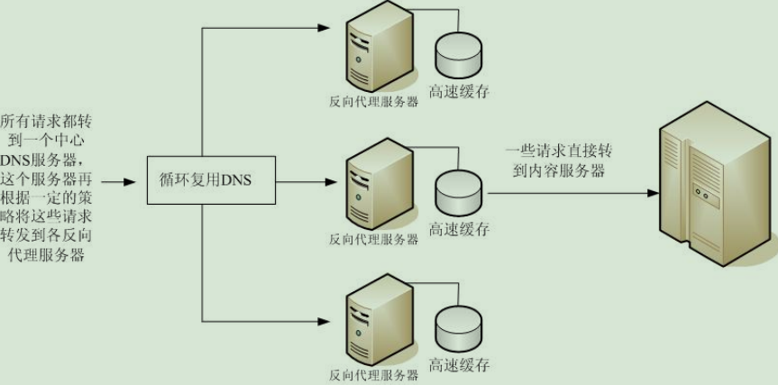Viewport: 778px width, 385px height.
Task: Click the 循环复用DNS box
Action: (211, 180)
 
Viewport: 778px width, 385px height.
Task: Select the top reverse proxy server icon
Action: (380, 48)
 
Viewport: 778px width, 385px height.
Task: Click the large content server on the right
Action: (718, 184)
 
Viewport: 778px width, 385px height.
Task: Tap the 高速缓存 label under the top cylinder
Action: (460, 91)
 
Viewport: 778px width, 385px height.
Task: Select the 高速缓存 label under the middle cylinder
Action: (460, 229)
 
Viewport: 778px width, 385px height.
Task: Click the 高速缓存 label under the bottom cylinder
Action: (460, 365)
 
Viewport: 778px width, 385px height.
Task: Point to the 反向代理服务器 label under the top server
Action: (373, 103)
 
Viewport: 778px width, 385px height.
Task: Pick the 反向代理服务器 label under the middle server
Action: (373, 240)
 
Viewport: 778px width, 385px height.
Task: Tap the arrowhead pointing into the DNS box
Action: (130, 182)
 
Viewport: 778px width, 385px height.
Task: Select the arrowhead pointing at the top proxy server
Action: (324, 28)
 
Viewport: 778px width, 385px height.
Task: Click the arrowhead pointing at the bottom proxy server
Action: (324, 322)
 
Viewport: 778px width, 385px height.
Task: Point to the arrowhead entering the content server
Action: (653, 193)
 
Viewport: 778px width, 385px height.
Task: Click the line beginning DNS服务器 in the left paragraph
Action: (47, 161)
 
